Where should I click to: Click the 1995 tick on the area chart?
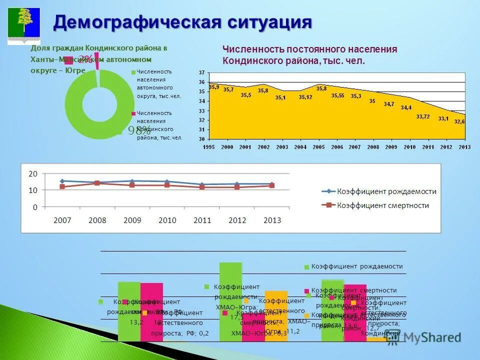(x=209, y=147)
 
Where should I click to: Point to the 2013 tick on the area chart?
(x=464, y=147)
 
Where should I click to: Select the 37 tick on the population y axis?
(x=201, y=73)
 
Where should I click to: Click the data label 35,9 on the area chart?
(x=214, y=87)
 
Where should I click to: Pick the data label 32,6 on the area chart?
(x=459, y=121)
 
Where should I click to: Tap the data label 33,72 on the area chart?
(x=423, y=116)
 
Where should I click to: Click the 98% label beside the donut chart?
(x=138, y=131)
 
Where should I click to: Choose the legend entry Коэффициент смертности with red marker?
(x=382, y=205)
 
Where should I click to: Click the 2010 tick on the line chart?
(x=167, y=220)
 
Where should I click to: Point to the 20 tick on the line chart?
(x=33, y=174)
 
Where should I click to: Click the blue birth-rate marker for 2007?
(x=62, y=181)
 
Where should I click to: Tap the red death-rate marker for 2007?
(x=62, y=186)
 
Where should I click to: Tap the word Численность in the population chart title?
(x=253, y=49)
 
